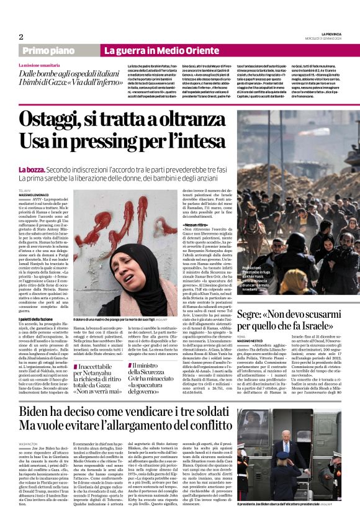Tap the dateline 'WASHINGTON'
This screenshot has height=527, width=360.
(x=29, y=444)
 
